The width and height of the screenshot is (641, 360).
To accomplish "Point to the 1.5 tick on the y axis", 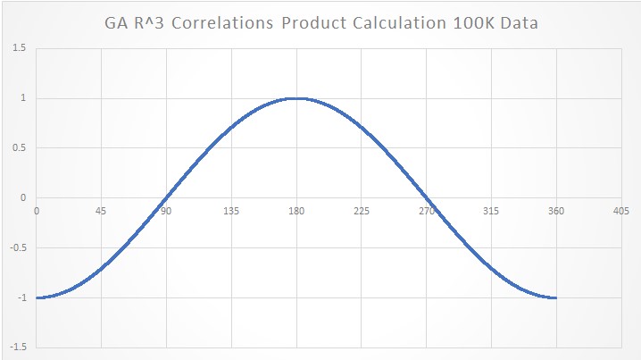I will point(19,48).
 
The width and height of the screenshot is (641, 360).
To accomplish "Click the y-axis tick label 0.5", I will point(19,148).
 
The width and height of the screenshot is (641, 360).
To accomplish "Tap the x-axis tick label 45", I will point(101,212).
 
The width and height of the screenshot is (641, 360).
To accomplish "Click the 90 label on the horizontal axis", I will point(166,212).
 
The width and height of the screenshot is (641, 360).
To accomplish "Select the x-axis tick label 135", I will point(231,212).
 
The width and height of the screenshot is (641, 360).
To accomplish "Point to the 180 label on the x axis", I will point(296,212).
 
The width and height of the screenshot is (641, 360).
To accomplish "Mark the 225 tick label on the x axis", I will point(362,212).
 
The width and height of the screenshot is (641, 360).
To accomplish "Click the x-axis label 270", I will point(427,212).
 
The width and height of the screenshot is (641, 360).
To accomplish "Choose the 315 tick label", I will point(492,212).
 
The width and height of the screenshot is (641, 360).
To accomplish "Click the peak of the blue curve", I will point(296,98).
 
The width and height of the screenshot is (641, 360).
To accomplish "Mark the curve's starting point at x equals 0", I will point(37,297).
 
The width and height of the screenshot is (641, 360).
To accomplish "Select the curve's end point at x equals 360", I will point(556,297).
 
